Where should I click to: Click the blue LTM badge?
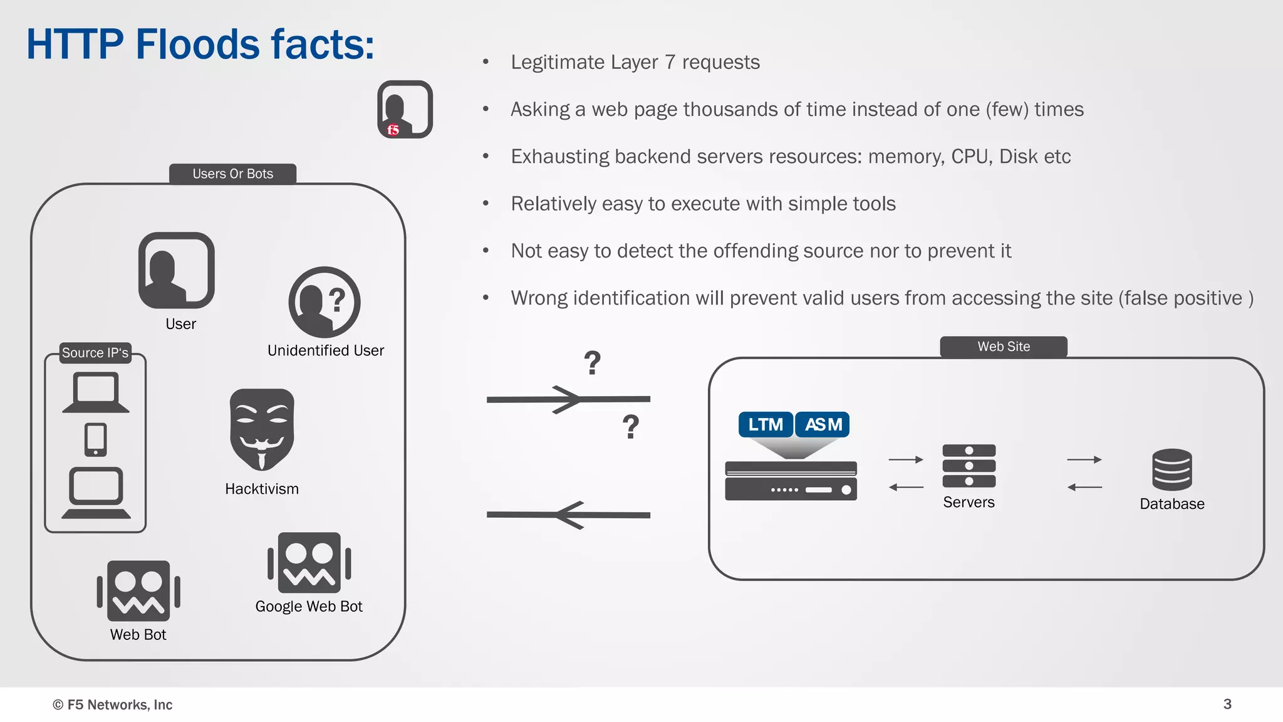coord(765,424)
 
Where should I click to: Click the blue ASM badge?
coord(823,424)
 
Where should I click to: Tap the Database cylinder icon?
coord(1171,469)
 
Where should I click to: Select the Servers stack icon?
coord(969,466)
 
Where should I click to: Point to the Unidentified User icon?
coord(324,302)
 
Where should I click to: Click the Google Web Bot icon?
coord(309,563)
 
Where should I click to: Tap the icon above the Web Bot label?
coord(138,590)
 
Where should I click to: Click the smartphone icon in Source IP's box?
coord(95,439)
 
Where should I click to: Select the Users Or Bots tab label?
coord(232,174)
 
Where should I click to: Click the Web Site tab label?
coord(1003,347)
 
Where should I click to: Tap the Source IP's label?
coord(95,353)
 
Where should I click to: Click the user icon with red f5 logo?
coord(405,109)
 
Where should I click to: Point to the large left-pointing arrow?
coord(568,515)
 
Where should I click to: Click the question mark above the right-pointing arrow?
coord(592,363)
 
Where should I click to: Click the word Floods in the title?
coord(197,44)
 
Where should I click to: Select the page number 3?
coord(1227,704)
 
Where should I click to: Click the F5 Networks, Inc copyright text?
coord(113,704)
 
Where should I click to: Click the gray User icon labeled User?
coord(176,270)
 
